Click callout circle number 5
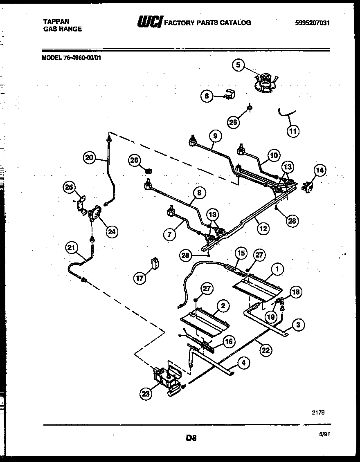point(239,65)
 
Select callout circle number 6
point(207,96)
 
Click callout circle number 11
point(293,131)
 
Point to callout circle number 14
point(320,170)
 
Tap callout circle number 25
point(70,188)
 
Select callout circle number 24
point(110,232)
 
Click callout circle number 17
point(140,278)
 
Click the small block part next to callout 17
point(154,262)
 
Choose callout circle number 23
point(146,394)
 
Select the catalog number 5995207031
point(312,23)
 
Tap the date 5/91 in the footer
point(324,435)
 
